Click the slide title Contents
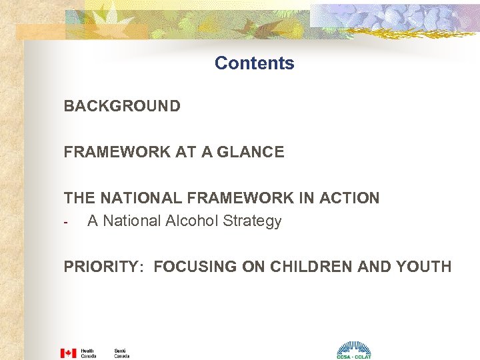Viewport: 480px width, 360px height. coord(254,63)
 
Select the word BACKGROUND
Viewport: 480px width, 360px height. coord(122,106)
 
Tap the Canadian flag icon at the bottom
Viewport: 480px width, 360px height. coord(68,353)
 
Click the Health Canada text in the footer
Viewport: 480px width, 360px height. coord(88,353)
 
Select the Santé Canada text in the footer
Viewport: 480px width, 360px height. coord(121,353)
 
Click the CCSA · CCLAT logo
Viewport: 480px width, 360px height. coord(353,350)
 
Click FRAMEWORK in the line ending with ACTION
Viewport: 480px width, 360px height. coord(243,198)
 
